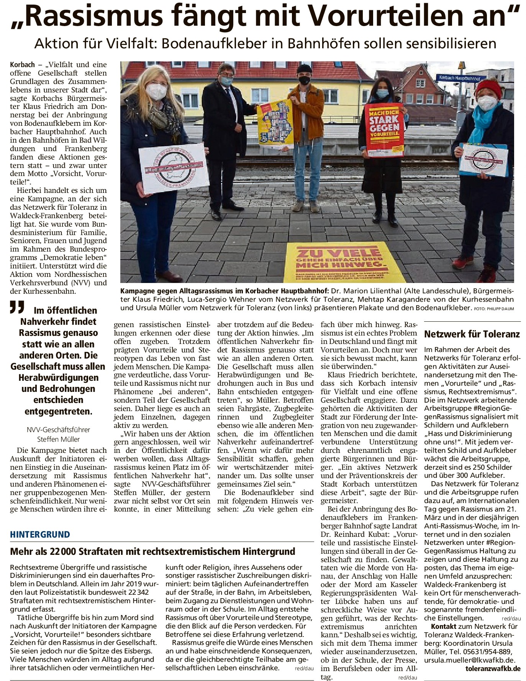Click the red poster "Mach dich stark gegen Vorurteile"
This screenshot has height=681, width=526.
[384, 129]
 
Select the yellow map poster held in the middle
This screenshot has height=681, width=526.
[275, 124]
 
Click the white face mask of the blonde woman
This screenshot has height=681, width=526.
[157, 92]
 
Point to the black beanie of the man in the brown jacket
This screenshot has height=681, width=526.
[305, 69]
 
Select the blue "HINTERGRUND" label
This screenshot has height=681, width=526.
[40, 534]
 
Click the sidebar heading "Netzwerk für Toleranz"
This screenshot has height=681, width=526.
[472, 334]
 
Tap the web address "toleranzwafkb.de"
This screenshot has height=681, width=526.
[493, 668]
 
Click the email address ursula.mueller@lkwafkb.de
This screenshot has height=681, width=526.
[469, 660]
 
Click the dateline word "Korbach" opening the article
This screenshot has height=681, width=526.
[22, 65]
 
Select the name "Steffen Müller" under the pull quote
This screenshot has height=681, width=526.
[58, 439]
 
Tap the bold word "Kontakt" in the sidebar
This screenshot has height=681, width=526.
[443, 626]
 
